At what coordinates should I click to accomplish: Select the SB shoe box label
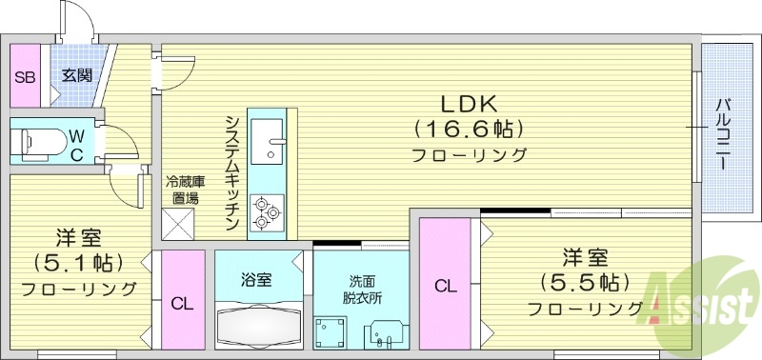coord(24,76)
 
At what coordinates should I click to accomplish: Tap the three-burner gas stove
coord(267,212)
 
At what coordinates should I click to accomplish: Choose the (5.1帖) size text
coord(78,261)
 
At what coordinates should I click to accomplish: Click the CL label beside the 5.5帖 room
coord(445,286)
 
